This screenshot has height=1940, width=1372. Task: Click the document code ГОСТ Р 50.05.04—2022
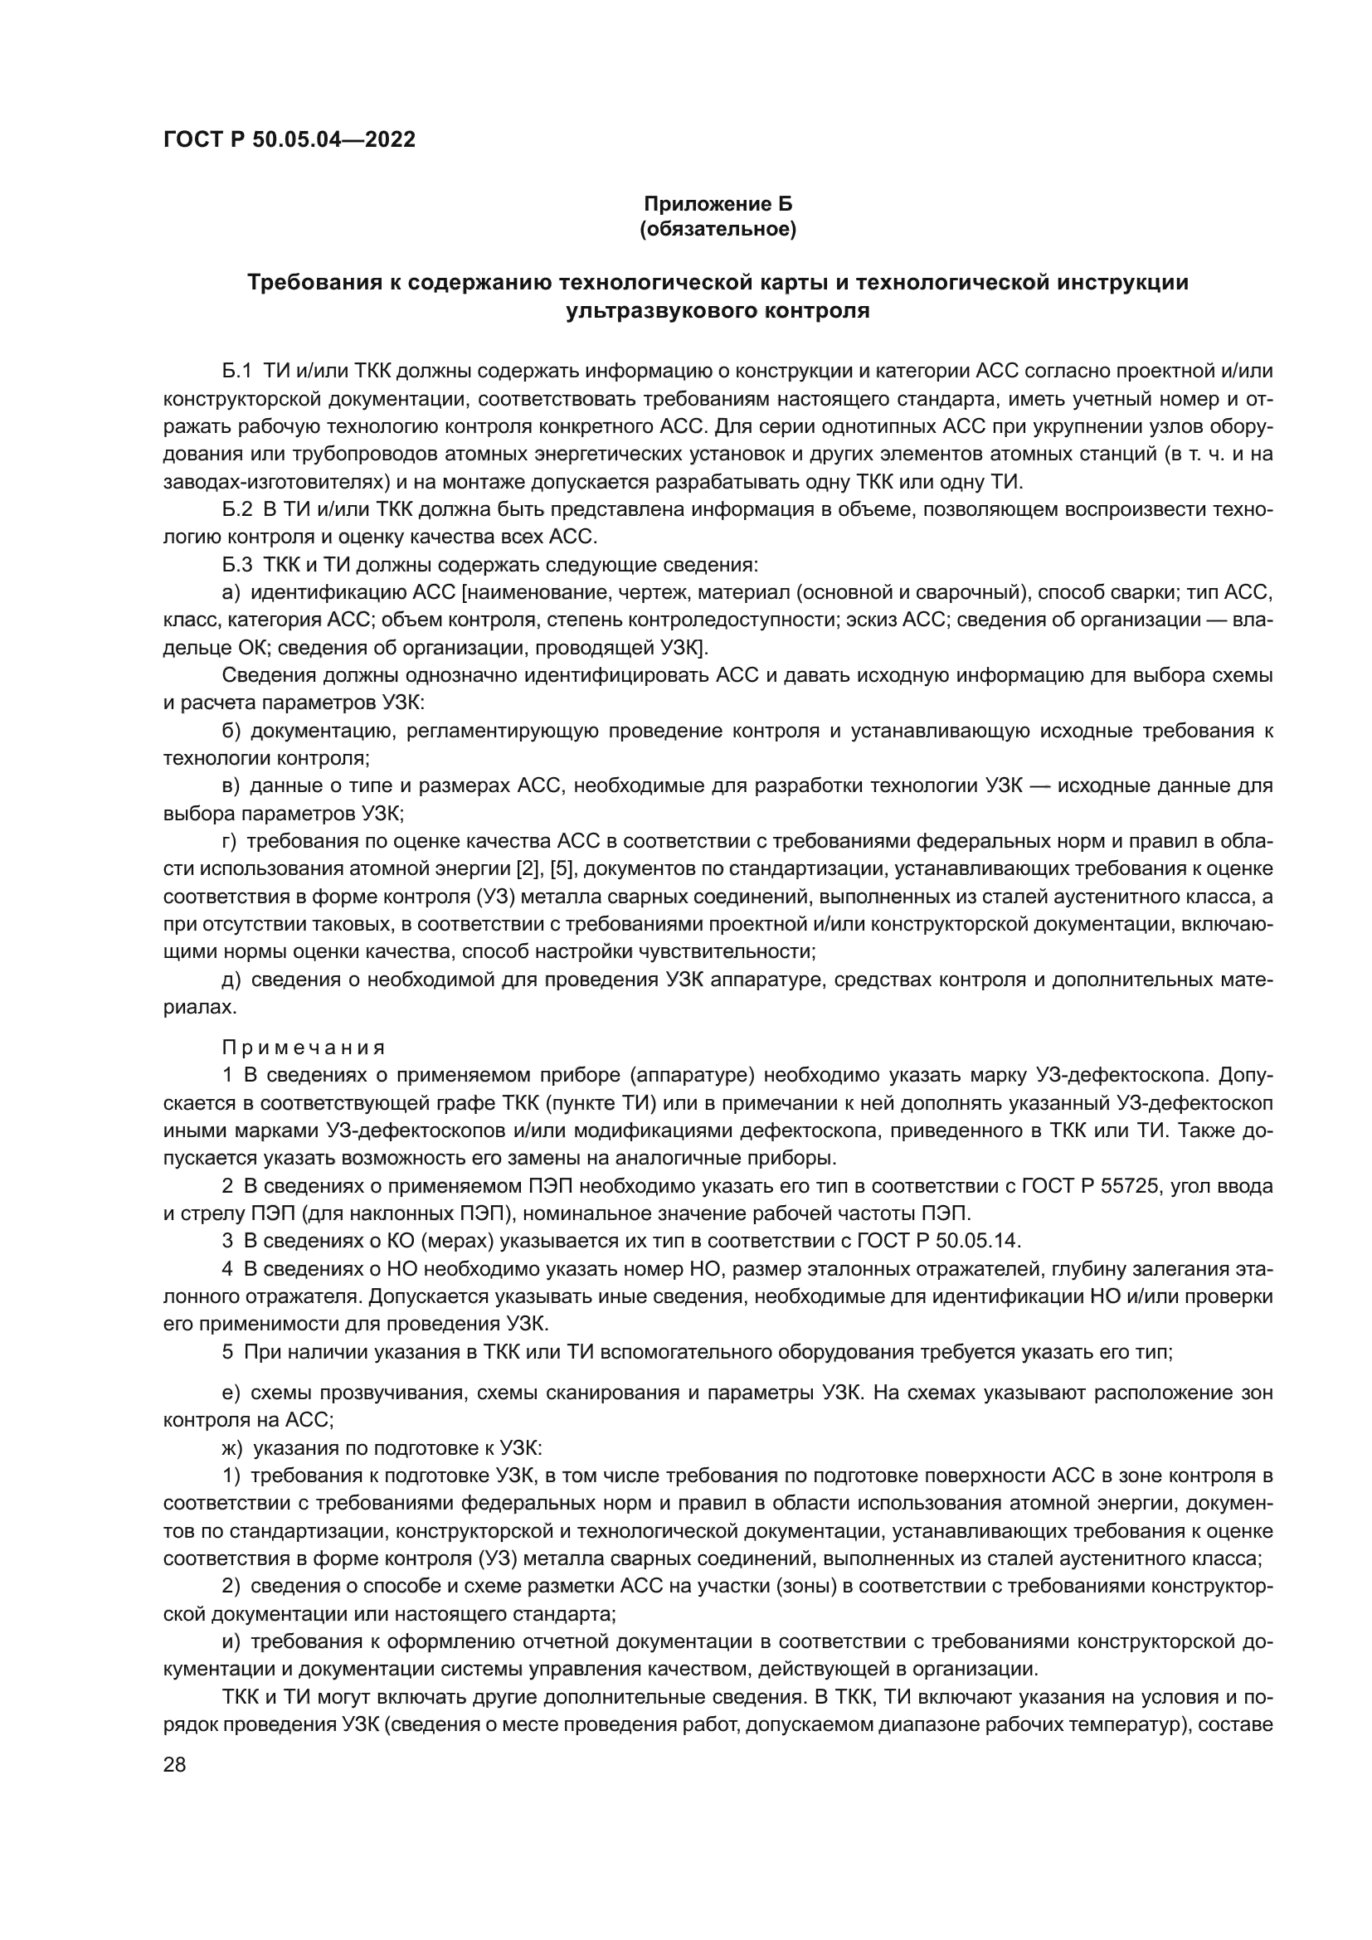[x=289, y=139]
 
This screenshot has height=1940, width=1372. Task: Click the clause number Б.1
[x=237, y=371]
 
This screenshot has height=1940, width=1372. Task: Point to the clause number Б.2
[x=237, y=509]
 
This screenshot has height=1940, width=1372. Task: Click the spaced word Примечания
[x=304, y=1048]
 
